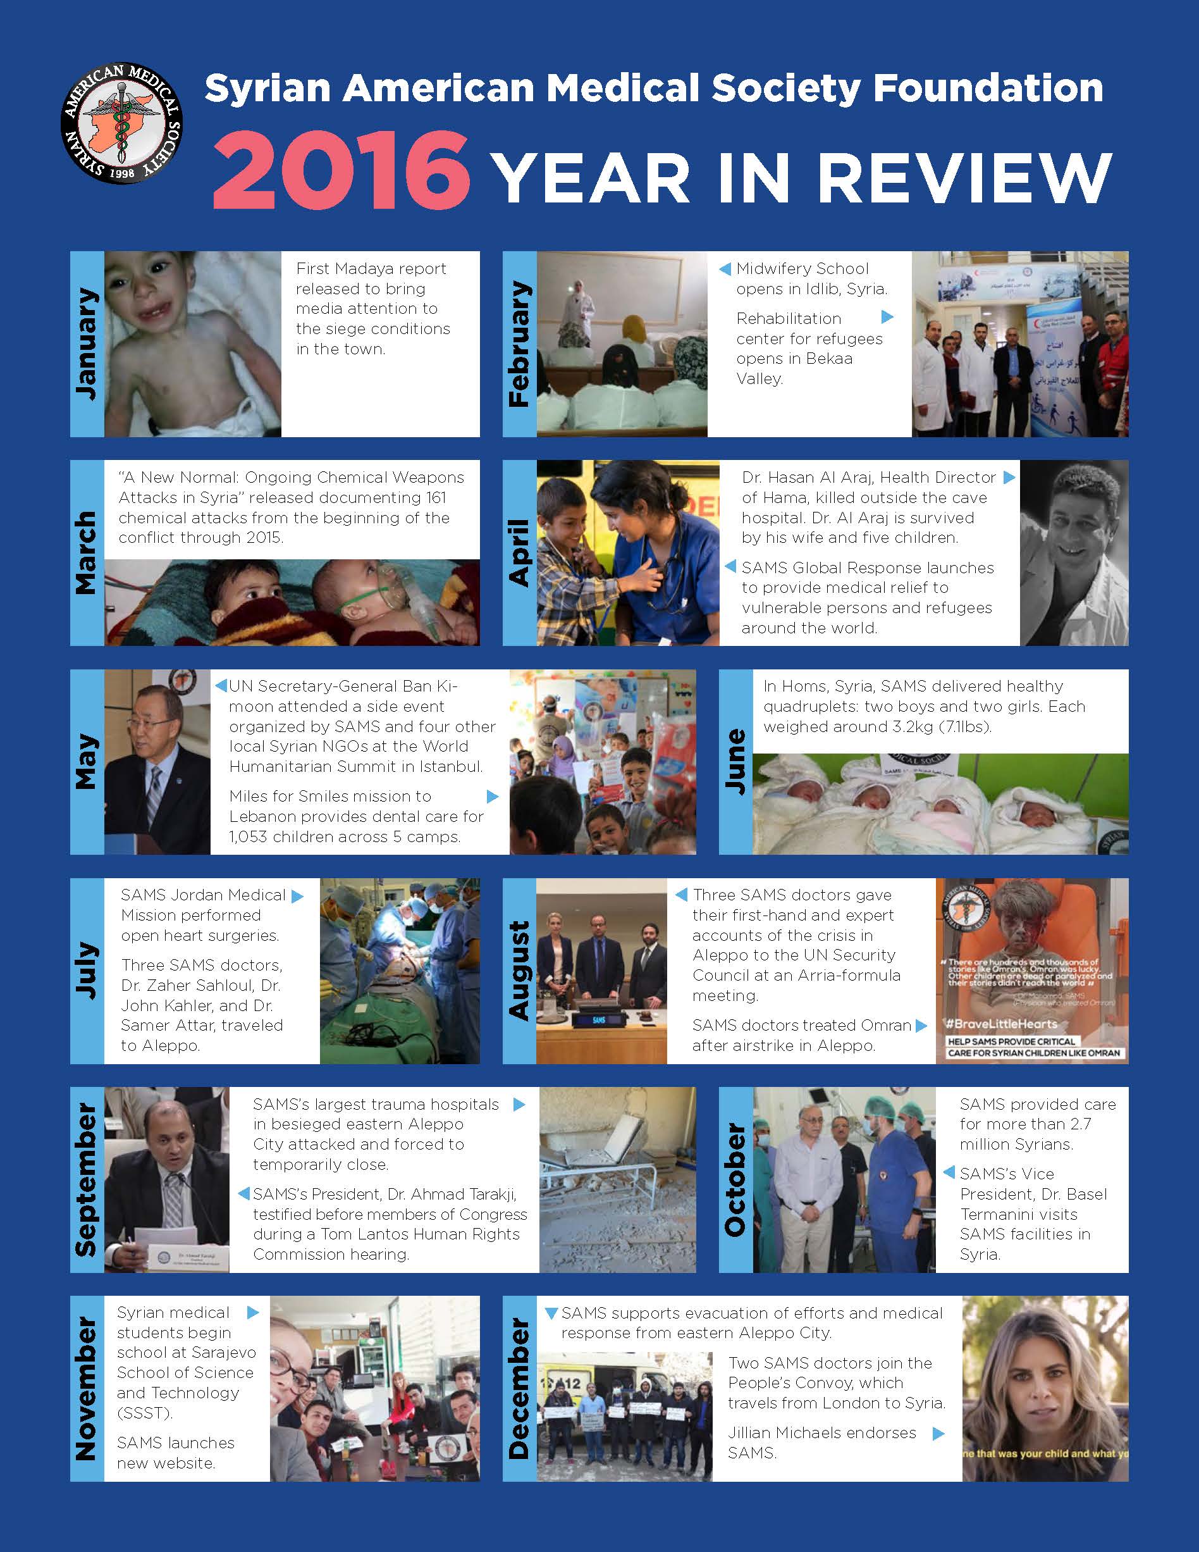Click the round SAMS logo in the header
pos(121,123)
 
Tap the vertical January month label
pos(87,344)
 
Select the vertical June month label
pos(735,761)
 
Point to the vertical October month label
pos(735,1179)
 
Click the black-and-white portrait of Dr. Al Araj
pos(1073,552)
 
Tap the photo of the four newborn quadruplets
pos(940,804)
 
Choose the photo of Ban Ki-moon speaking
pos(157,761)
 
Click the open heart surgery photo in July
pos(399,971)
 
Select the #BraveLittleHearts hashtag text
pos(1002,1024)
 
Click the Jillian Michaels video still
pos(1045,1388)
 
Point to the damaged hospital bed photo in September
pos(617,1179)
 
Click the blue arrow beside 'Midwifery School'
pos(725,270)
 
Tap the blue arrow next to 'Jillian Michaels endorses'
pos(938,1433)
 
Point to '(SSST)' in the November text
pos(144,1413)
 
